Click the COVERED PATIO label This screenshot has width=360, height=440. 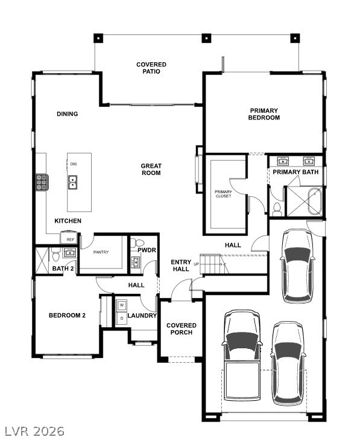151,68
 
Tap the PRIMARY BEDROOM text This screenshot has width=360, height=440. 264,114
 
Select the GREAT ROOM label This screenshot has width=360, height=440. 151,170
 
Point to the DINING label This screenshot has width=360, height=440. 67,114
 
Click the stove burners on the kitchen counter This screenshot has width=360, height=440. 42,182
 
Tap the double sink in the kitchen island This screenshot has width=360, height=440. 73,182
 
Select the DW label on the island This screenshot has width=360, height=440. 73,164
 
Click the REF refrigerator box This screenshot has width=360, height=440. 71,239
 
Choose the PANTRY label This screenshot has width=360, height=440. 101,252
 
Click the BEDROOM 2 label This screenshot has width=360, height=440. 67,315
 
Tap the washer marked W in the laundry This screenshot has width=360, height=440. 121,305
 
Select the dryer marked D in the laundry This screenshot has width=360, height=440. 121,317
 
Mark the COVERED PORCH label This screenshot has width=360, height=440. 181,329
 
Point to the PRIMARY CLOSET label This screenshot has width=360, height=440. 223,194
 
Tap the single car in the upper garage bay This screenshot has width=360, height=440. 297,266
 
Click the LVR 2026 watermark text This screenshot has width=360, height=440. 34,431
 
